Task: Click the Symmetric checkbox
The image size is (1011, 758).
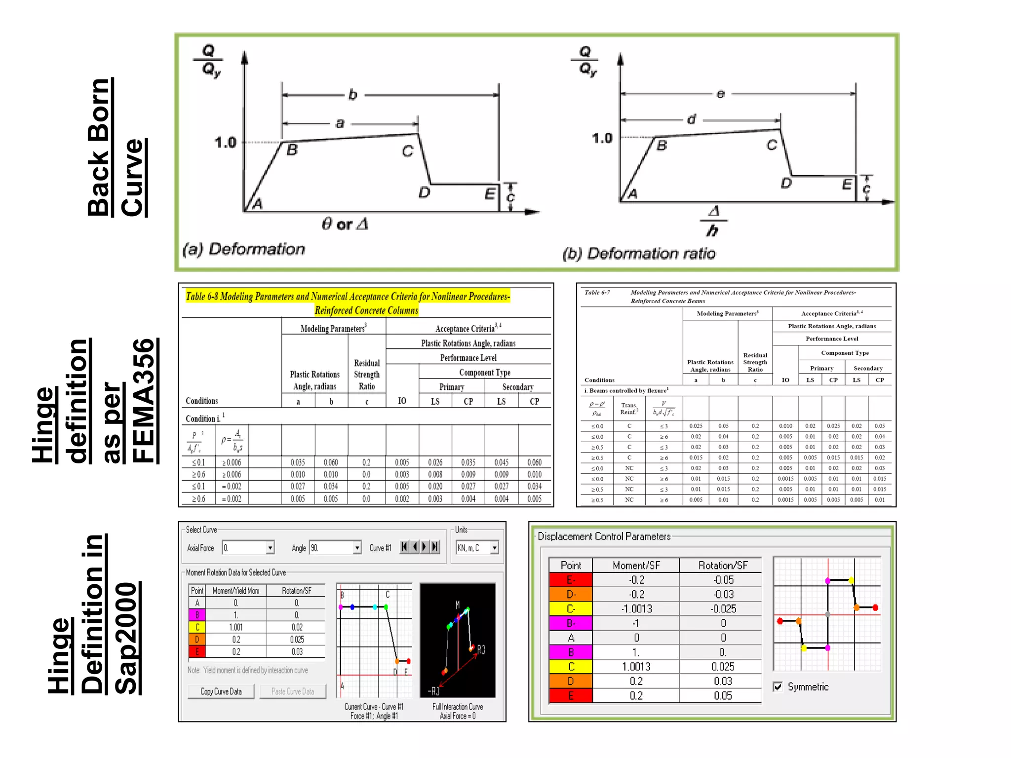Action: (778, 686)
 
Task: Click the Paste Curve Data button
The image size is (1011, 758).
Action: (292, 691)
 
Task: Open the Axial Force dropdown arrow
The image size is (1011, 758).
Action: (270, 548)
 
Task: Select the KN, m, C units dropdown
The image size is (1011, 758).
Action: (477, 548)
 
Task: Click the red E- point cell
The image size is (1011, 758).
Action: (571, 580)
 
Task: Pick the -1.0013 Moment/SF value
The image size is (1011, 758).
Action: (636, 608)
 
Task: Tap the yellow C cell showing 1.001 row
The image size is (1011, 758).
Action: (197, 627)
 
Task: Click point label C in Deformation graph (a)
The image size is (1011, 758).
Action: (407, 151)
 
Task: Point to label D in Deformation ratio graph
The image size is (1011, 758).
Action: (786, 184)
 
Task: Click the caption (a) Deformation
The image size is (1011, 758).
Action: (244, 249)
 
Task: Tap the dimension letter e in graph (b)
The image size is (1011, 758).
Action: (720, 94)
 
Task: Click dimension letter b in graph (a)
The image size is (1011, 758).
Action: (352, 95)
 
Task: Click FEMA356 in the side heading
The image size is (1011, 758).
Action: (144, 400)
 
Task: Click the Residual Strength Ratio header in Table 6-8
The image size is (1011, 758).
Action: (367, 375)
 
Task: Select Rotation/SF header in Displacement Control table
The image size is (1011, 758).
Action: (723, 566)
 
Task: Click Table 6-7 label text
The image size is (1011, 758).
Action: (597, 293)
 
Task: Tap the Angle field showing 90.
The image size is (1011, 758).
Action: (331, 548)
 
